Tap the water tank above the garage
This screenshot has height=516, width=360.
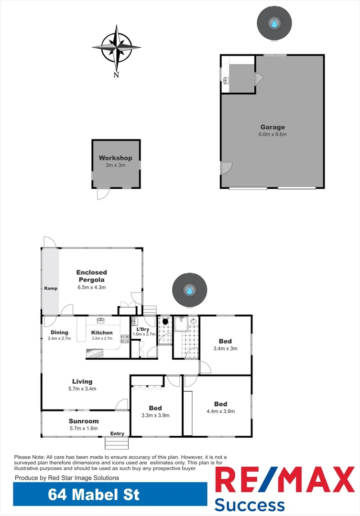[274, 23]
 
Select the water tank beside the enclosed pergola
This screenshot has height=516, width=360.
[190, 290]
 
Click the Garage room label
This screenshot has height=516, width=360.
[273, 127]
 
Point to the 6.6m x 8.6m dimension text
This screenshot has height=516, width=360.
[273, 134]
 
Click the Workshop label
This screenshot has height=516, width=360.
[115, 158]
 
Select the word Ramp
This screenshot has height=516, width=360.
[51, 289]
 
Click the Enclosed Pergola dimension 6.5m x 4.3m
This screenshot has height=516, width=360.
[91, 287]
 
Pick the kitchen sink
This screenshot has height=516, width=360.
[101, 321]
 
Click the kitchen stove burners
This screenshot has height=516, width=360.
[125, 339]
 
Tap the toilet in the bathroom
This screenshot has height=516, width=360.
[165, 322]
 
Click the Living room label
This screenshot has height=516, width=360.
[82, 381]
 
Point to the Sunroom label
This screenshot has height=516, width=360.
[84, 421]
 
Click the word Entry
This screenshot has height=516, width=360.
[117, 434]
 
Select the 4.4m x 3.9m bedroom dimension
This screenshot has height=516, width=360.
[220, 411]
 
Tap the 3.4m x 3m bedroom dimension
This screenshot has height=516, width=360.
[225, 348]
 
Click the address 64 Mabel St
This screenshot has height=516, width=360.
[94, 494]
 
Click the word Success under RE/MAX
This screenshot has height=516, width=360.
[249, 505]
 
